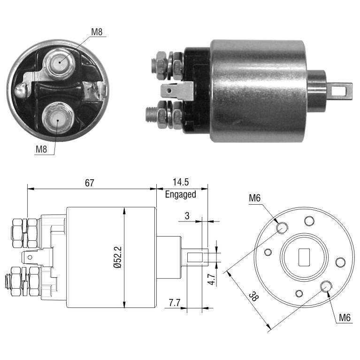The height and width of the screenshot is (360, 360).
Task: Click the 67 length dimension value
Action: tap(89, 183)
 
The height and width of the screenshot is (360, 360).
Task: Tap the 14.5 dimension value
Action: tap(181, 182)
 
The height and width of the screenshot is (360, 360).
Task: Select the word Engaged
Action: tap(180, 194)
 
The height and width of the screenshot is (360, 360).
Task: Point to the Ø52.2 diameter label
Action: tap(117, 257)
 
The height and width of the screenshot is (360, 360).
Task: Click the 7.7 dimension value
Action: tap(175, 303)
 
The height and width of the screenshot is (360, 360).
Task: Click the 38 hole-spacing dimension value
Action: tap(253, 297)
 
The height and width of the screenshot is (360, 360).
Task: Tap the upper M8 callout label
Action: tap(97, 32)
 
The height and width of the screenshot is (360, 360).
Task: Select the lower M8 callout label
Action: tap(41, 149)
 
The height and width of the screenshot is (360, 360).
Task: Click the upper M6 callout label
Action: tap(255, 198)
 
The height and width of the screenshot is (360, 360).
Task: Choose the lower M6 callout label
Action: tap(345, 318)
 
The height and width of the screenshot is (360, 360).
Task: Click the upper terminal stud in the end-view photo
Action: tap(59, 63)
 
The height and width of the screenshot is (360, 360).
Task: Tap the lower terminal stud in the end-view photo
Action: tap(58, 119)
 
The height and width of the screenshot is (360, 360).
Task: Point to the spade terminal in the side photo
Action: tap(177, 91)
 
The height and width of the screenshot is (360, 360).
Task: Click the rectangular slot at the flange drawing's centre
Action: tap(304, 257)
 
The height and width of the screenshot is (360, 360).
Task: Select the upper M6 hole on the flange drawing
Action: tap(282, 228)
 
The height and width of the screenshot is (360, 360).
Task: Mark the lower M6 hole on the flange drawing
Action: tap(326, 286)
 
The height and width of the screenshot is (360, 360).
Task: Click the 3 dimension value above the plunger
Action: tap(187, 216)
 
